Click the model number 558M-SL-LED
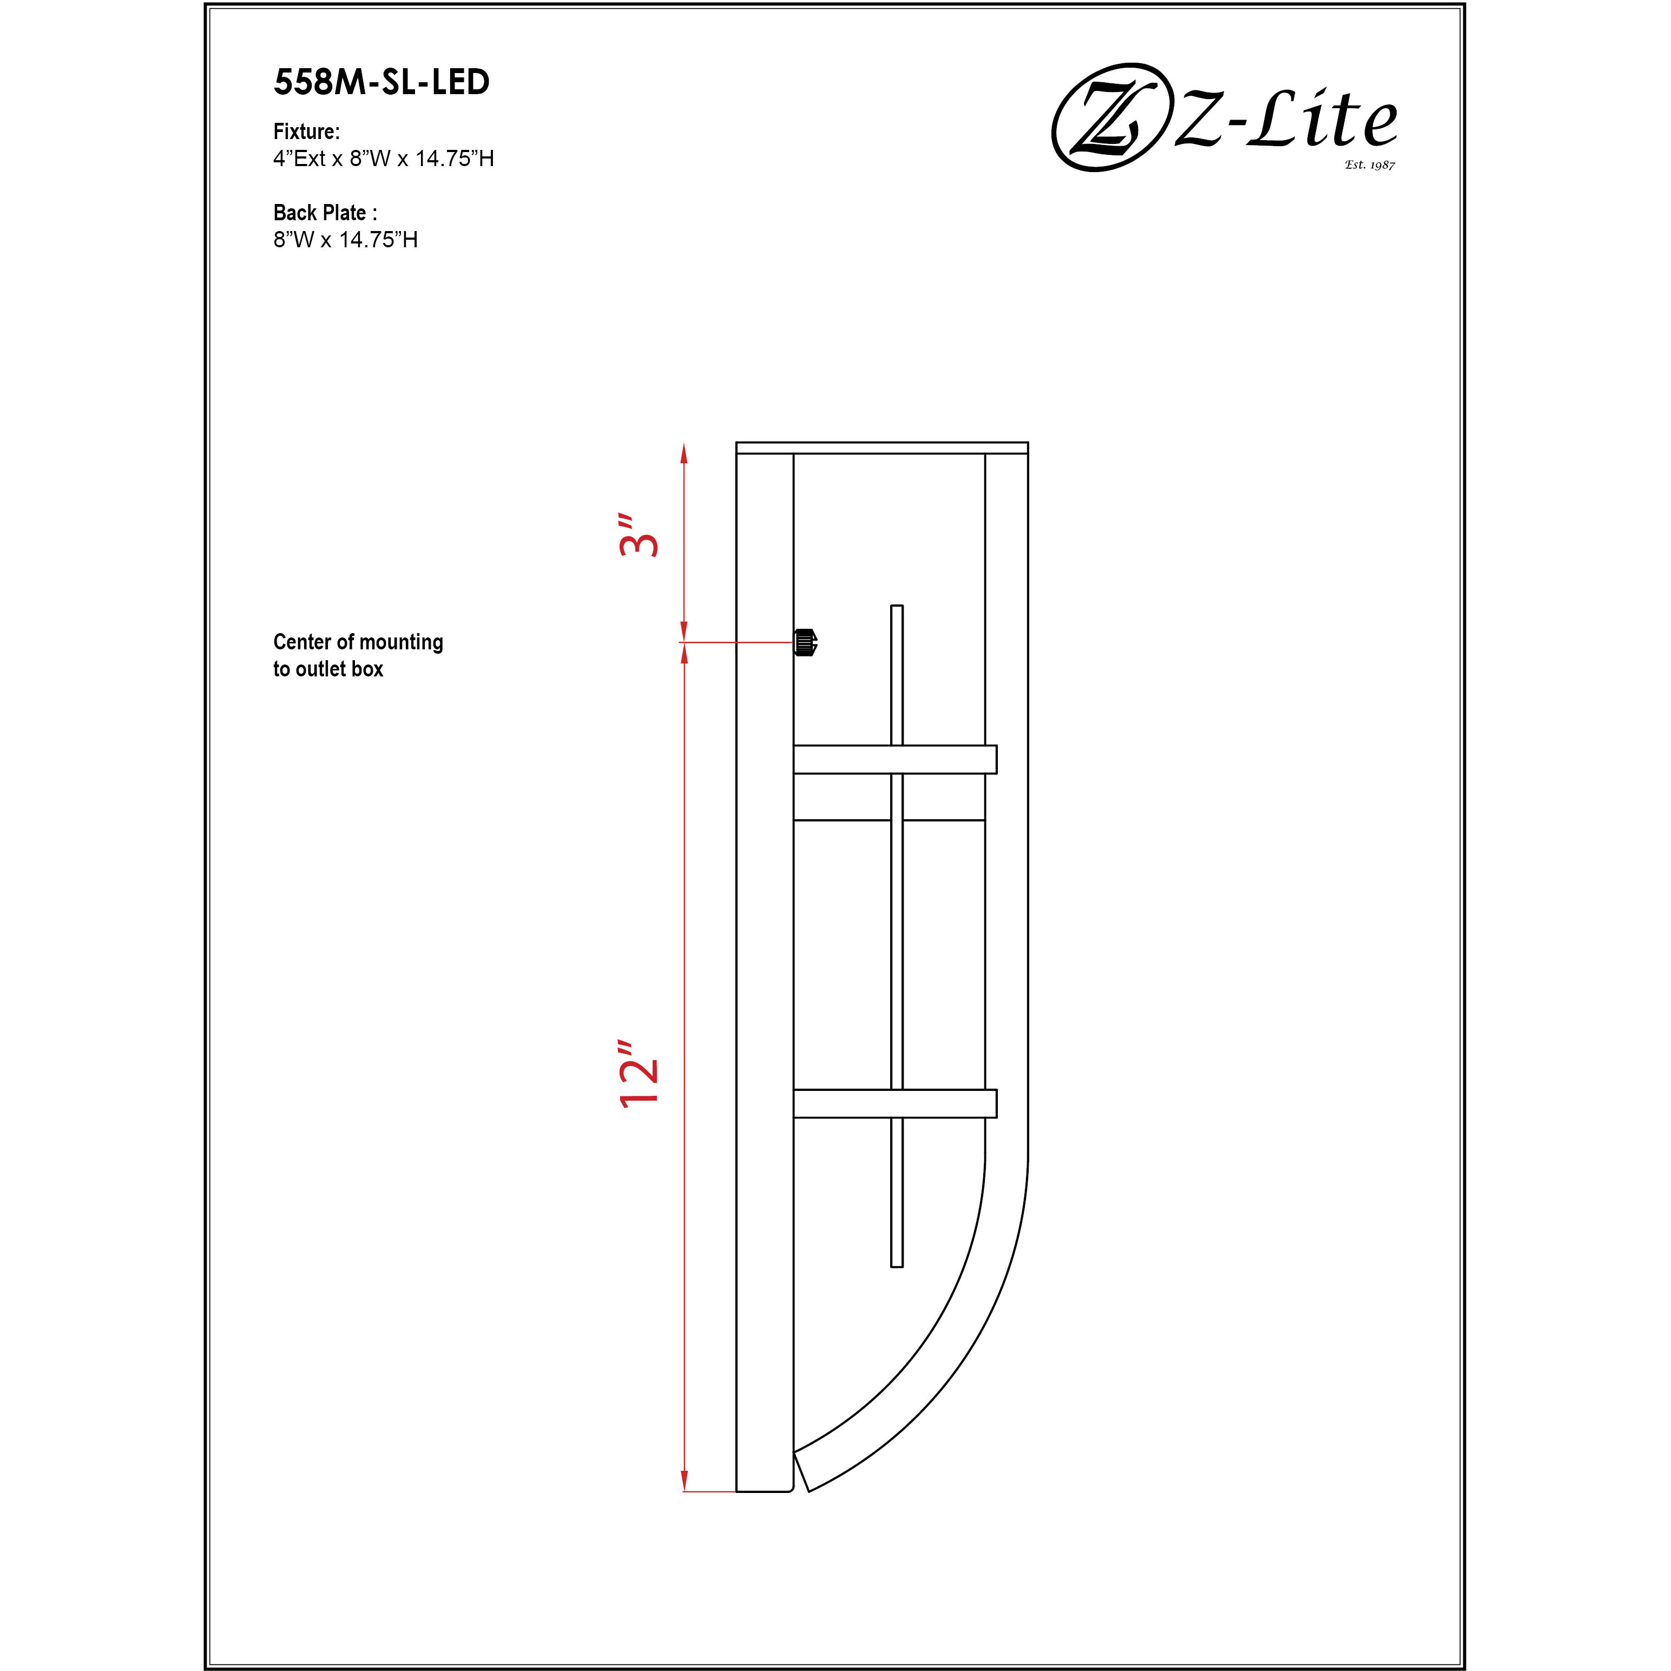coord(381,82)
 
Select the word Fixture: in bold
coord(306,131)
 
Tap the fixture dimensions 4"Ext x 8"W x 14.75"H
coord(383,158)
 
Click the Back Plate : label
coord(324,213)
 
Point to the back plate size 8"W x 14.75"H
coord(345,240)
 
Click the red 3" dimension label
coord(639,536)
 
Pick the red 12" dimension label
coord(639,1074)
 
